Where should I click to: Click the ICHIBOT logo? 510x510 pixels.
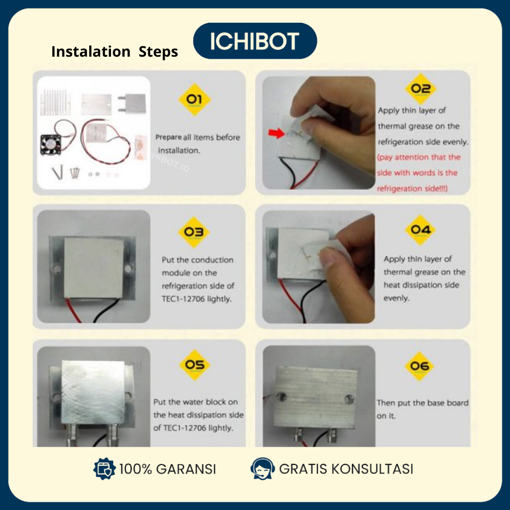[255, 41]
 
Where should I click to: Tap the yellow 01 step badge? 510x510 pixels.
[195, 99]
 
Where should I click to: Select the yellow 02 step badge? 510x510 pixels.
[421, 88]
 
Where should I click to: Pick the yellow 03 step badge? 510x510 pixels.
[194, 232]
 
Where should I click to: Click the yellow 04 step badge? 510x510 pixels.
[420, 230]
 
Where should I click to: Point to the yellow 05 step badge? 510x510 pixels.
[195, 365]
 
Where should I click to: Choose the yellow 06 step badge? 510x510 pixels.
[420, 366]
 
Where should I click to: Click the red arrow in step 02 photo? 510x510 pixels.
[276, 133]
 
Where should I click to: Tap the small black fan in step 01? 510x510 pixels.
[51, 144]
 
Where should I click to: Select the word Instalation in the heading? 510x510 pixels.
[91, 51]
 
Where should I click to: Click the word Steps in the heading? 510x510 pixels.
[158, 52]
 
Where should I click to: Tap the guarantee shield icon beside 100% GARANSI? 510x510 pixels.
[104, 469]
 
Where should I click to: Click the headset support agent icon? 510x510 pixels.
[262, 469]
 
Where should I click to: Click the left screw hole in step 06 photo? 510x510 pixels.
[281, 397]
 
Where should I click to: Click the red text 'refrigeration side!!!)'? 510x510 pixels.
[412, 188]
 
